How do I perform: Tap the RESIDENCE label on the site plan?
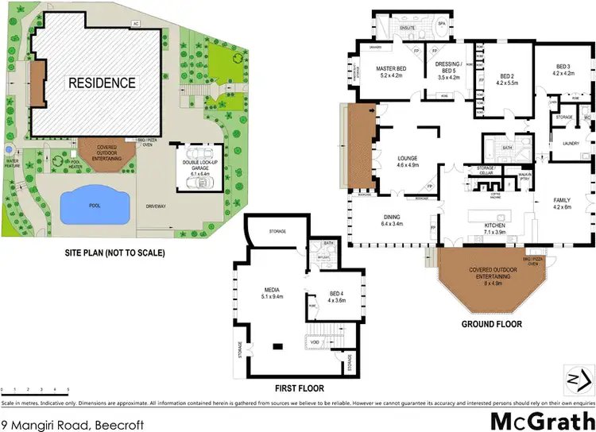[x=101, y=83]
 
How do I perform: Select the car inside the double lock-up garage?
[x=196, y=182]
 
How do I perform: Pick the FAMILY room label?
[x=562, y=202]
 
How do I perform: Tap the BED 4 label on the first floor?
[x=327, y=295]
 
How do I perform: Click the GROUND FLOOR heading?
[x=490, y=325]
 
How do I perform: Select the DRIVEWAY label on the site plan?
[x=155, y=205]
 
